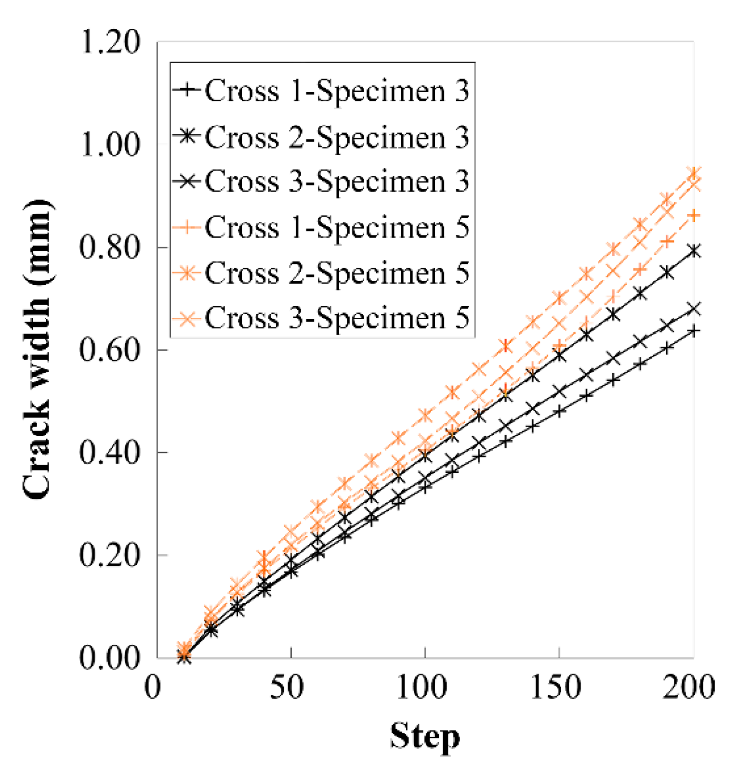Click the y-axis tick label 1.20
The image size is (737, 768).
pyautogui.click(x=110, y=42)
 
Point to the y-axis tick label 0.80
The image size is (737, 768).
pyautogui.click(x=110, y=247)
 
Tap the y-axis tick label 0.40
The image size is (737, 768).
pyautogui.click(x=110, y=453)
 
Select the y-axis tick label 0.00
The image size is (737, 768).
pyautogui.click(x=110, y=658)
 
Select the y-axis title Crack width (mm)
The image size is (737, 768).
pyautogui.click(x=38, y=349)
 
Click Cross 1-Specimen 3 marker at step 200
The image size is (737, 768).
pyautogui.click(x=694, y=331)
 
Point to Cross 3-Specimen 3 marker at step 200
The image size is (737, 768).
pyautogui.click(x=694, y=309)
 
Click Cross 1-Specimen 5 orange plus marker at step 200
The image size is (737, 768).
pyautogui.click(x=694, y=216)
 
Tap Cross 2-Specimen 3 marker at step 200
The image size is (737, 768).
pyautogui.click(x=694, y=251)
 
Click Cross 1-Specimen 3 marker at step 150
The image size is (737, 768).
pyautogui.click(x=559, y=411)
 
